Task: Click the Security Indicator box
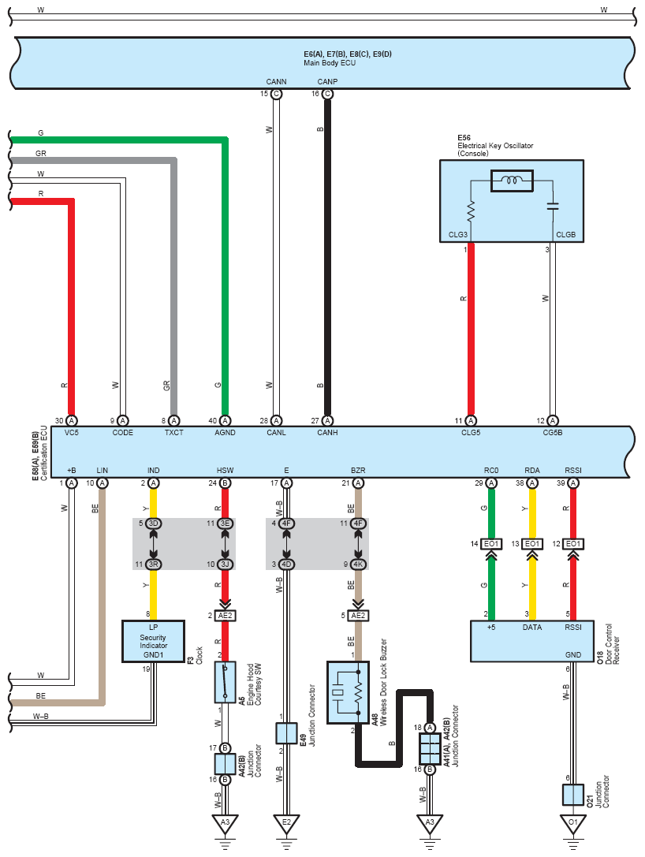153,641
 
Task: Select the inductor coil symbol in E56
512,181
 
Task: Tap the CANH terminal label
327,432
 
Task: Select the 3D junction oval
153,524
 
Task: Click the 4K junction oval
358,564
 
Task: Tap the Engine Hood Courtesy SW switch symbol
226,682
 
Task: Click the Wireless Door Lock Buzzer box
348,692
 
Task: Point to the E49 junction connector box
286,733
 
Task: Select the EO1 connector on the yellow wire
532,544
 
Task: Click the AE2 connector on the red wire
226,616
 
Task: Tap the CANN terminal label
276,81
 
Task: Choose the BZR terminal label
358,470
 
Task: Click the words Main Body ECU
330,63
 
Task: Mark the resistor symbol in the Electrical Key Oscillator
471,211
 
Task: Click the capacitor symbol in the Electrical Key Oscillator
553,206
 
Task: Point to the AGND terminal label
225,432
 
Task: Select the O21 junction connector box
572,795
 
